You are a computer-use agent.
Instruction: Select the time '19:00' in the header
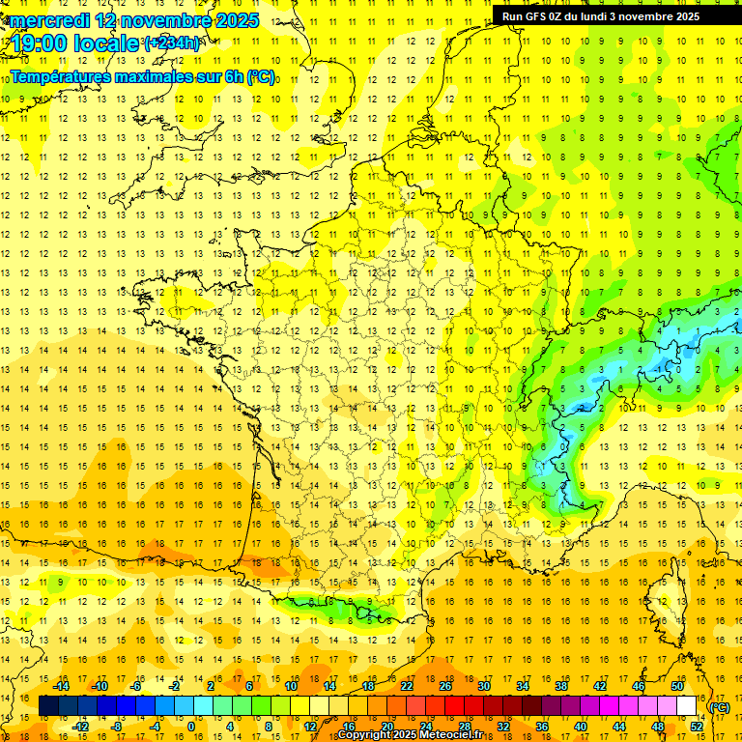(44, 43)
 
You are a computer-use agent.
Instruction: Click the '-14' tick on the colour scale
(61, 686)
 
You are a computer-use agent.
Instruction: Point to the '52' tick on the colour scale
(696, 726)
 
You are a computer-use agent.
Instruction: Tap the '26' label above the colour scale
(445, 686)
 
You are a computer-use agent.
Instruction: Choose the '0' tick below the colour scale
(190, 726)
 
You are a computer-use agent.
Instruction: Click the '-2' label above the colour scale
(175, 686)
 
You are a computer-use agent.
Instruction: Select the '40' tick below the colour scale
(581, 726)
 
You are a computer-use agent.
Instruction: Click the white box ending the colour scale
(687, 706)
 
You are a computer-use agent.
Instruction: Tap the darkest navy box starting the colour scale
(48, 706)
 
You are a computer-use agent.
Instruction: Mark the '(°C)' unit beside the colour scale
(719, 707)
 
